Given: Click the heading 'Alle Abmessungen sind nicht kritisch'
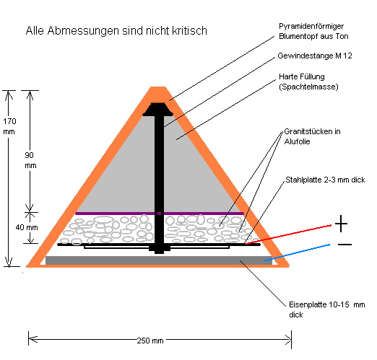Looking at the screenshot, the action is pyautogui.click(x=116, y=31).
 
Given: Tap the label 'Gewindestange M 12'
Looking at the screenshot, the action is pyautogui.click(x=315, y=56).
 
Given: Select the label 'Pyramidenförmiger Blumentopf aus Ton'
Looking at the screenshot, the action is pyautogui.click(x=313, y=31).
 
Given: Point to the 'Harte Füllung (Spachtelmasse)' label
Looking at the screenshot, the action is pyautogui.click(x=308, y=82).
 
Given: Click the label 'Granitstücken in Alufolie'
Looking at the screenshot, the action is pyautogui.click(x=312, y=136).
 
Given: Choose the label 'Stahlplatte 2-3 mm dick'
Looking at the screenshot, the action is pyautogui.click(x=325, y=180).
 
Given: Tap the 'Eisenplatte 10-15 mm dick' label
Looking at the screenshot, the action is pyautogui.click(x=326, y=309).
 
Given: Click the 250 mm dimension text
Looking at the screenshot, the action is pyautogui.click(x=150, y=341).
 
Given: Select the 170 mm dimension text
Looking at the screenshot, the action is pyautogui.click(x=9, y=126).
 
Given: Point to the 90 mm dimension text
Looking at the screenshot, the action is pyautogui.click(x=30, y=160).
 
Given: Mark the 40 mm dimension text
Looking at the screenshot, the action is pyautogui.click(x=27, y=227).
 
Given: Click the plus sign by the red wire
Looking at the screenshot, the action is pyautogui.click(x=341, y=224).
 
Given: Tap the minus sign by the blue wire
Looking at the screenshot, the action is pyautogui.click(x=345, y=245).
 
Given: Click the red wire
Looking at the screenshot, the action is pyautogui.click(x=288, y=234).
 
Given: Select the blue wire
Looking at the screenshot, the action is pyautogui.click(x=297, y=253).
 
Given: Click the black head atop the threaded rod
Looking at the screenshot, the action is pyautogui.click(x=157, y=110).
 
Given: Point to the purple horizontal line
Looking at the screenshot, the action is pyautogui.click(x=160, y=214).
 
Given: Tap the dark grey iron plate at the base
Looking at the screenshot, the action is pyautogui.click(x=159, y=260).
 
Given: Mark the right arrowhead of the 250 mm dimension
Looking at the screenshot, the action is pyautogui.click(x=288, y=340).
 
